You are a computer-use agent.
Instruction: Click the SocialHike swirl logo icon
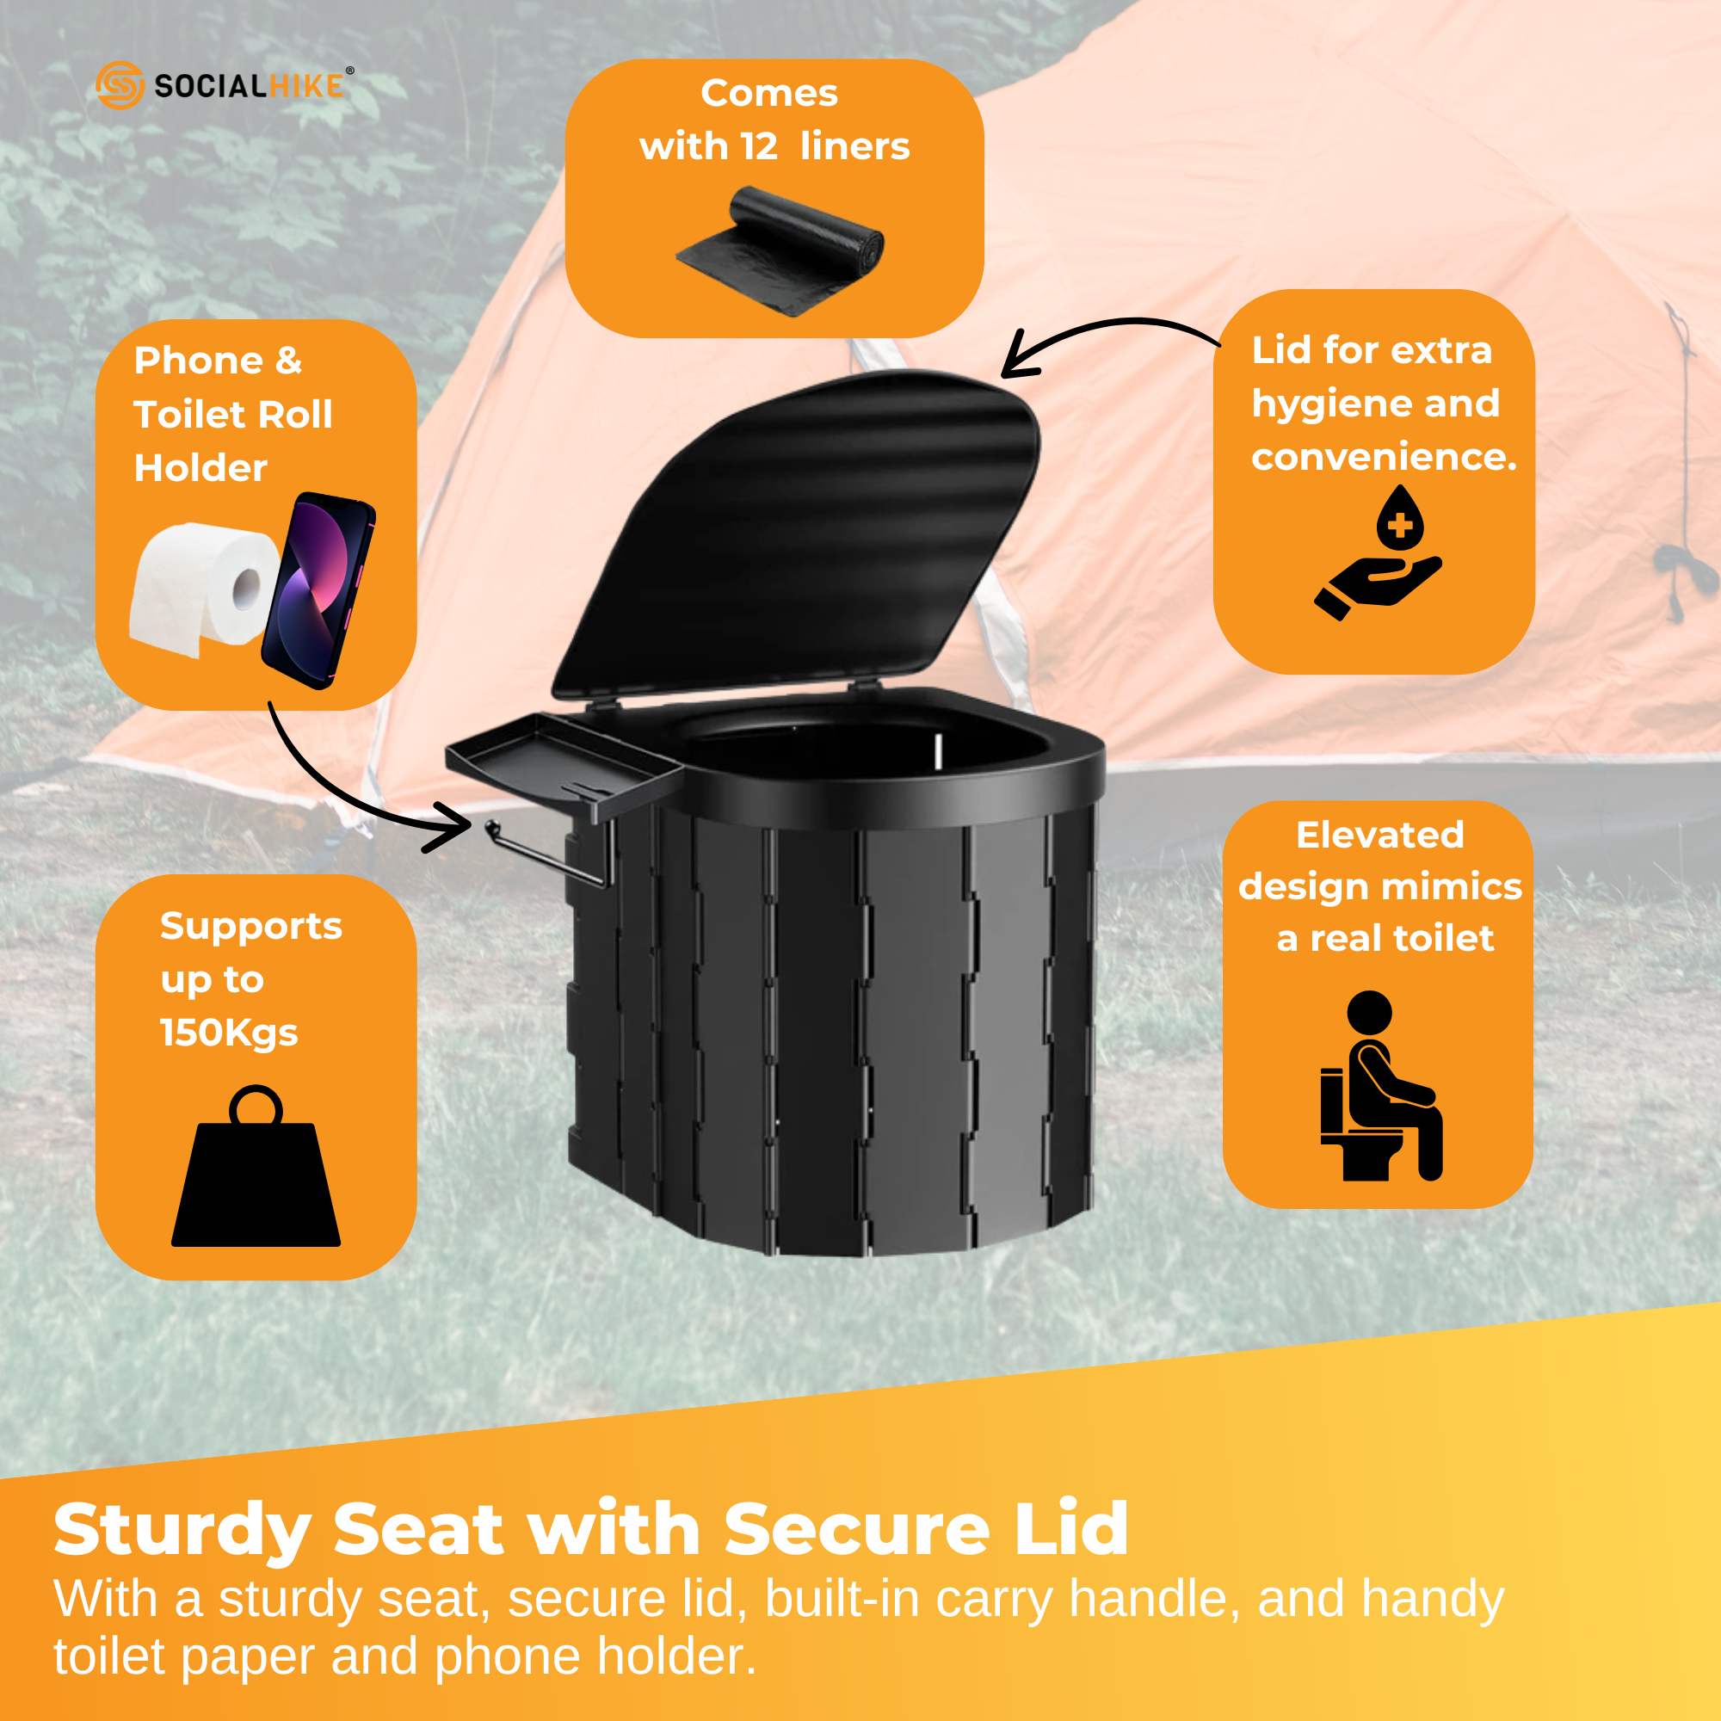[120, 84]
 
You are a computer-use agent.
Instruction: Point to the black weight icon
[256, 1171]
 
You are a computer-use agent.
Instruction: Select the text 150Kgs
[229, 1033]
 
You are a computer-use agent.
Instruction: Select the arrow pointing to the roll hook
[356, 793]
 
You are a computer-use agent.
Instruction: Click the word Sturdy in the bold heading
[182, 1530]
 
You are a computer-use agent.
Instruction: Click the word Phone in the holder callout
[198, 361]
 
